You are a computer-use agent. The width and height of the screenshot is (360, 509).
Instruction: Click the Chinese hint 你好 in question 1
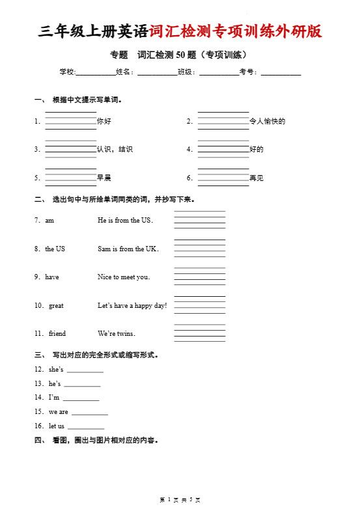click(104, 121)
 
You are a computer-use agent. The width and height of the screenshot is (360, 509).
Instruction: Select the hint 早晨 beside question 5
click(104, 178)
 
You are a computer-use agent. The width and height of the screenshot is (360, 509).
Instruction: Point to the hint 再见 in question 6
click(256, 178)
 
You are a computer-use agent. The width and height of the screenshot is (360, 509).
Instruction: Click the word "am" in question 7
click(49, 220)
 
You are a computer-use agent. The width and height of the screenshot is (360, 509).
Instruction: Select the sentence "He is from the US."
click(125, 220)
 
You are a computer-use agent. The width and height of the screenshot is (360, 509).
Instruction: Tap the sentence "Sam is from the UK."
click(128, 249)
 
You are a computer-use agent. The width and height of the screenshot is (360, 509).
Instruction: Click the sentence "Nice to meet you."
click(124, 277)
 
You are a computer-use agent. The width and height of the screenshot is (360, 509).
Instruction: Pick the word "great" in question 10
click(56, 305)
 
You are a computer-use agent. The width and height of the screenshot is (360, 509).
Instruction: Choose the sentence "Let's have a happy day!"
click(132, 305)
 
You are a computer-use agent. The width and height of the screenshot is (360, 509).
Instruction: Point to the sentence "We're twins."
click(117, 333)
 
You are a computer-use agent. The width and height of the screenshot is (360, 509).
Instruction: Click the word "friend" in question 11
click(57, 333)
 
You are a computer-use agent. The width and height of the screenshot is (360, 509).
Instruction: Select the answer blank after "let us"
click(86, 428)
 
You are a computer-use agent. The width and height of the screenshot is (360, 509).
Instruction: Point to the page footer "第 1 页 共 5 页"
click(180, 499)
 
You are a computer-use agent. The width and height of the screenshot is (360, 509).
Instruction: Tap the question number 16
click(38, 426)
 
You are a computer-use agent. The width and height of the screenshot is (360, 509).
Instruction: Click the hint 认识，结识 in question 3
click(115, 149)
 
